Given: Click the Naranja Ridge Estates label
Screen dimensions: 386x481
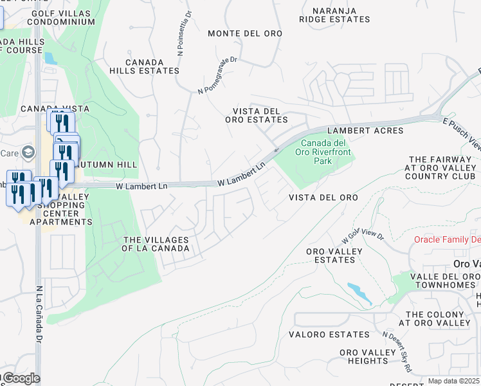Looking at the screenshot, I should [x=334, y=15].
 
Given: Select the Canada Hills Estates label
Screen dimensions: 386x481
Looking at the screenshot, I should [x=143, y=66].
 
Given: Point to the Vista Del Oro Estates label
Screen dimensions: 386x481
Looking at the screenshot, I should [x=256, y=115].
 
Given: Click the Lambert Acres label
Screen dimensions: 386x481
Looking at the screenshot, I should [x=365, y=131].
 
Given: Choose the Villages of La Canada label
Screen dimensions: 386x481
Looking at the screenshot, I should [x=156, y=244].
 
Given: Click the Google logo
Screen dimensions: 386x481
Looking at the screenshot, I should [x=21, y=378].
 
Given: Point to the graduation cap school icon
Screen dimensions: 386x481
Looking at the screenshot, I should [x=28, y=152].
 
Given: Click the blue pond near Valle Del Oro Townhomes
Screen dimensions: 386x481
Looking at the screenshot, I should [x=359, y=293].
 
